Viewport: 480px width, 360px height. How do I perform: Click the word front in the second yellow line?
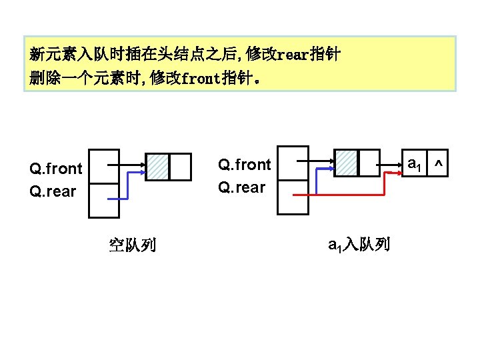click(201, 79)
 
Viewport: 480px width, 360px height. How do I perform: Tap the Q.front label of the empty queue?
click(55, 169)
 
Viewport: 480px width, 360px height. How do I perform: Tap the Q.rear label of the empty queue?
click(53, 191)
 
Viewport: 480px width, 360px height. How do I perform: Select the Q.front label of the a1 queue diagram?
click(245, 165)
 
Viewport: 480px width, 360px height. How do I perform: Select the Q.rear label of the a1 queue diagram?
click(241, 187)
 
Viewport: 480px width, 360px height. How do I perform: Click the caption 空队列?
click(132, 245)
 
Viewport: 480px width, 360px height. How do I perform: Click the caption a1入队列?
click(359, 245)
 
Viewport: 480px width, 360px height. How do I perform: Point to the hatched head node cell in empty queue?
click(157, 167)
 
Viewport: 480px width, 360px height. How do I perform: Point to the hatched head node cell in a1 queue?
click(346, 162)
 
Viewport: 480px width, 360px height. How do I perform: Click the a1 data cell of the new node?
click(414, 163)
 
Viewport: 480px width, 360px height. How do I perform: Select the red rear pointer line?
click(347, 195)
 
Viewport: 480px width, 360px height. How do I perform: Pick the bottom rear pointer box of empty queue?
click(104, 200)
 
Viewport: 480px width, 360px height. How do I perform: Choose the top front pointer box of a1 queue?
click(293, 163)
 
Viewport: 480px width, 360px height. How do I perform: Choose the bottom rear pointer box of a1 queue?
click(293, 197)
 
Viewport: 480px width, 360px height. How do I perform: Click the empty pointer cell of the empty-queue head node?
click(180, 167)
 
